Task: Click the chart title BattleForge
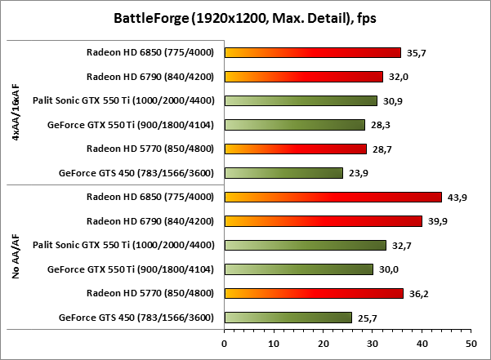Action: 245,19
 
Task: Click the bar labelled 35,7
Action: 312,53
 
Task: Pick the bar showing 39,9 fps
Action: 323,221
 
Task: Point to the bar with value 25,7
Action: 288,318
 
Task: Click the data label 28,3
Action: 378,125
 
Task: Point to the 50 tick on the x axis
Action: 471,344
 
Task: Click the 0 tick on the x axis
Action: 224,344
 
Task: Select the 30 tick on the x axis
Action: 372,344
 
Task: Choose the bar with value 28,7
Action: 295,149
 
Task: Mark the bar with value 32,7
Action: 305,245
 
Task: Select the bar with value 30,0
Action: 298,269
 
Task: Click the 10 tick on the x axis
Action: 273,344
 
